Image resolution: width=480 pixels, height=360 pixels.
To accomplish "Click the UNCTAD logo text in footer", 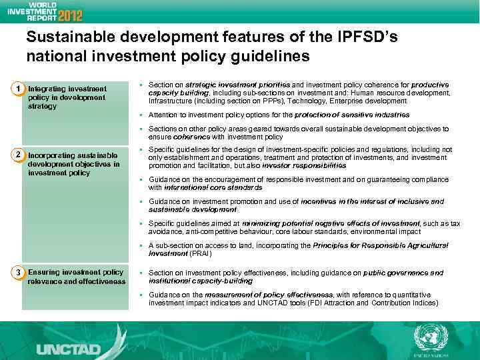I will coord(69,348).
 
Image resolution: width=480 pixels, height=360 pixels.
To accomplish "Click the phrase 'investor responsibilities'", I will coord(304,165).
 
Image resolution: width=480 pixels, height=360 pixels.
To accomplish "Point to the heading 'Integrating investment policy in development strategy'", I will coord(67,97).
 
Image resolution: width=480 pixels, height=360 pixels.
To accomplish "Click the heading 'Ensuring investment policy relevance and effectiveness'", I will coord(76,277).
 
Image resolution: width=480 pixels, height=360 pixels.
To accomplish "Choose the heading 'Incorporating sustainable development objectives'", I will coord(73,164).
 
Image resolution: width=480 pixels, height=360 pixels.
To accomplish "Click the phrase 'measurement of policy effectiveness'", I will coord(268,295).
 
